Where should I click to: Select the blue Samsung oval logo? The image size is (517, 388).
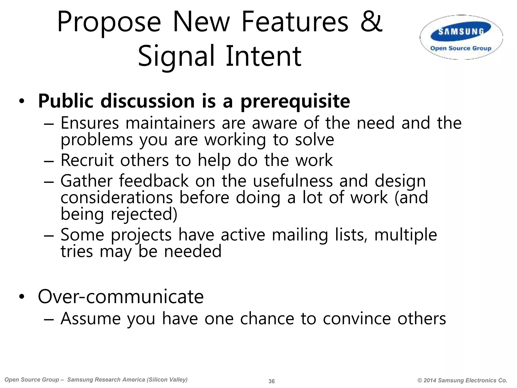pyautogui.click(x=461, y=32)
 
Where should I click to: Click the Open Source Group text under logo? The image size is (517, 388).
pyautogui.click(x=461, y=48)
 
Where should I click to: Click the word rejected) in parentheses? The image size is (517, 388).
pyautogui.click(x=144, y=214)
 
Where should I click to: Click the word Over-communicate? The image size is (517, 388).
pyautogui.click(x=121, y=297)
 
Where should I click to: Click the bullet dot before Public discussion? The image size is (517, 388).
pyautogui.click(x=22, y=102)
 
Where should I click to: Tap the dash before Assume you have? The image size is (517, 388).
pyautogui.click(x=49, y=319)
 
